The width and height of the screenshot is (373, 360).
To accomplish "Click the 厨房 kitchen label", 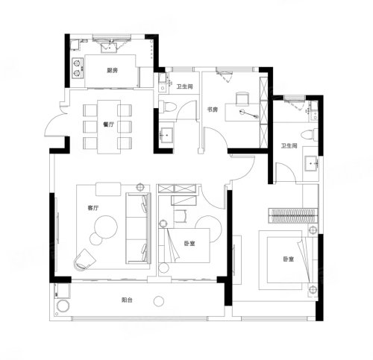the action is click(x=112, y=71).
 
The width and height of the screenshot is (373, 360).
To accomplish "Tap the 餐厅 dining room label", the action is click(x=109, y=124).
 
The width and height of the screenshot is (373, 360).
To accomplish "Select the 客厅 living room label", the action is click(x=93, y=208).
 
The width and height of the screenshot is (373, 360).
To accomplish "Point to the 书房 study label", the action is click(x=213, y=110).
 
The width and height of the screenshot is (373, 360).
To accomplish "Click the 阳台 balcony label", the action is click(x=127, y=300).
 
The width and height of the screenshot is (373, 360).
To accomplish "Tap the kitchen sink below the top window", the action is click(x=109, y=48).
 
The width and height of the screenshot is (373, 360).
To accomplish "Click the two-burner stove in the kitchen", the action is click(x=78, y=68).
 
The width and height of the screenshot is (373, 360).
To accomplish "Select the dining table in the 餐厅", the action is click(x=109, y=127).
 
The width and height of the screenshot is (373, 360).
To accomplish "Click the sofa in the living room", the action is click(x=138, y=228).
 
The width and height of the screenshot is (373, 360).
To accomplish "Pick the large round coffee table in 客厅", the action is click(x=106, y=227).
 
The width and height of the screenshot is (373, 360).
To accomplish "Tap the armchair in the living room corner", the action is click(x=84, y=259).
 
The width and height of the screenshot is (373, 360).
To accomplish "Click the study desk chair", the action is click(x=242, y=98).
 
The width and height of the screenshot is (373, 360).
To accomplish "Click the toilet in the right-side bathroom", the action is click(x=310, y=135).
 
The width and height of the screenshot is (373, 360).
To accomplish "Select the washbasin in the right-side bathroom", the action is click(x=311, y=163).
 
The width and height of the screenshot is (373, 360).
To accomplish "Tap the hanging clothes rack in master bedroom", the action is click(x=293, y=215).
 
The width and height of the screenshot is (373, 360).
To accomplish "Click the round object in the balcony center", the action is click(x=159, y=301).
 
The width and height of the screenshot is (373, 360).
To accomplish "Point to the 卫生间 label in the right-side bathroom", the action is click(x=289, y=146).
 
